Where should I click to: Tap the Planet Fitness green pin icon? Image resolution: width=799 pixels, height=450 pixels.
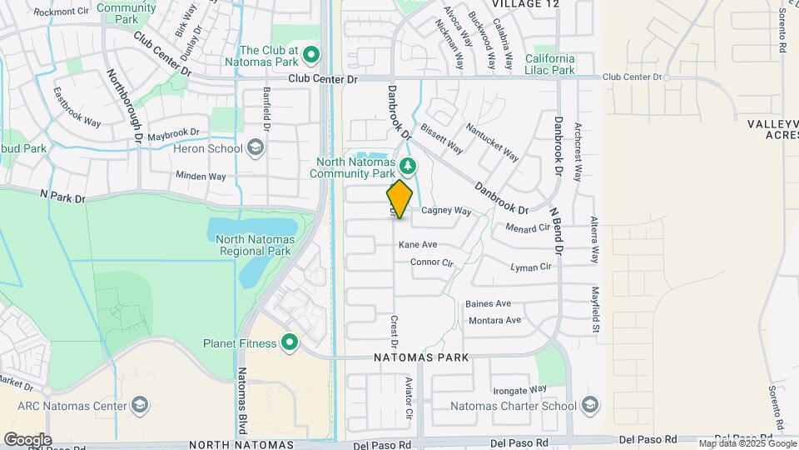point(290,342)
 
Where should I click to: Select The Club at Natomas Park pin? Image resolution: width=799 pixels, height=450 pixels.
point(312,56)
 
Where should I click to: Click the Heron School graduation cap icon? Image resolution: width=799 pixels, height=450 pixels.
point(256,148)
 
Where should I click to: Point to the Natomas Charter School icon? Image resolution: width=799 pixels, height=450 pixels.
point(590,406)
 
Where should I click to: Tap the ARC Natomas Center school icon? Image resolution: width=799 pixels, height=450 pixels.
point(140,406)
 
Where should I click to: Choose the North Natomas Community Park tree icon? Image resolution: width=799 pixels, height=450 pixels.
point(407,163)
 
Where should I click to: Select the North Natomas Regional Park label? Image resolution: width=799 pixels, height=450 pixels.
point(254,245)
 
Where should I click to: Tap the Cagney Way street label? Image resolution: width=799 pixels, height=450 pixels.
point(446,212)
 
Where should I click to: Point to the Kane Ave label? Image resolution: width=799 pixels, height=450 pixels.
point(418,245)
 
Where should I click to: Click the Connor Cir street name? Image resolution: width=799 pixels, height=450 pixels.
point(432,262)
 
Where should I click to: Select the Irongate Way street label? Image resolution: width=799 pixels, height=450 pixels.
point(520,389)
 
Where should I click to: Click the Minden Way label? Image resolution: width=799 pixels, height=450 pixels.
point(200,177)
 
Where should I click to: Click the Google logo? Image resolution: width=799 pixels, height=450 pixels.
point(27,439)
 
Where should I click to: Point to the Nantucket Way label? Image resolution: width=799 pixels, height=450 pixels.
point(493,143)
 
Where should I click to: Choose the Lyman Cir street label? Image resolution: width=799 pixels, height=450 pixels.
point(531,267)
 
